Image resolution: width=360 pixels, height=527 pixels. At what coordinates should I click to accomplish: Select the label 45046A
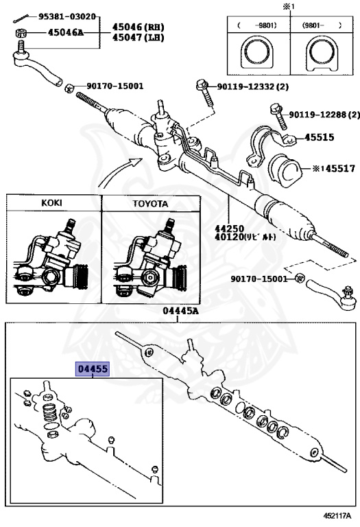pyautogui.click(x=56, y=32)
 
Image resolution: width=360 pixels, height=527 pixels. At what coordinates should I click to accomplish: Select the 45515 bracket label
pyautogui.click(x=319, y=137)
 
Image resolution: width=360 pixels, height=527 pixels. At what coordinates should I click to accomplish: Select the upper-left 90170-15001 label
pyautogui.click(x=115, y=86)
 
